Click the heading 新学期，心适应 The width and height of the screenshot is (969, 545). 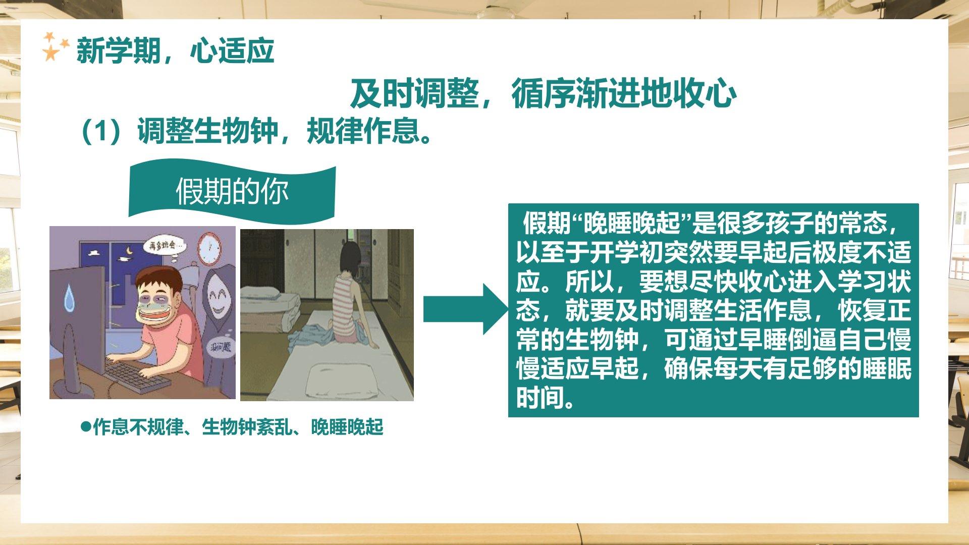[175, 51]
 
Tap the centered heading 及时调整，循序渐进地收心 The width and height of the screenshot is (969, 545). [543, 94]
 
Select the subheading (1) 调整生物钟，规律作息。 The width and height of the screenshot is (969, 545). [257, 131]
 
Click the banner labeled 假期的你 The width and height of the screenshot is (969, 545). [232, 191]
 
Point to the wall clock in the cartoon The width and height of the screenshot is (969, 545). [209, 249]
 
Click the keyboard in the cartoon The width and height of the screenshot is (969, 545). [138, 375]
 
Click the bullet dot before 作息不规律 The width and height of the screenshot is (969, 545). [86, 426]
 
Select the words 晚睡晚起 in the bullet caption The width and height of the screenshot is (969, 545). [347, 427]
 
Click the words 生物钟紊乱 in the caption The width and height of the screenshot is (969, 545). [247, 427]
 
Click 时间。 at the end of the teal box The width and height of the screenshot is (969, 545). [546, 398]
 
